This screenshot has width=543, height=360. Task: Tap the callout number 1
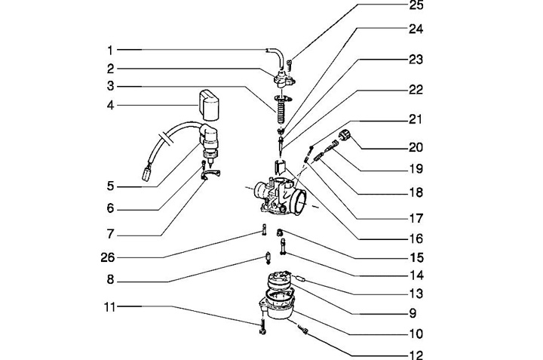pyautogui.click(x=109, y=50)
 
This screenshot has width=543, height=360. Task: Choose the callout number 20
pyautogui.click(x=417, y=146)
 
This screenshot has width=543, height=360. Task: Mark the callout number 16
pyautogui.click(x=417, y=237)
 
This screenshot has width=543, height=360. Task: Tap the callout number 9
pyautogui.click(x=417, y=312)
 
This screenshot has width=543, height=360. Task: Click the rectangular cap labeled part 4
pyautogui.click(x=208, y=104)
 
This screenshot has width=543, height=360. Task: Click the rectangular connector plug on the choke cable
pyautogui.click(x=147, y=176)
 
